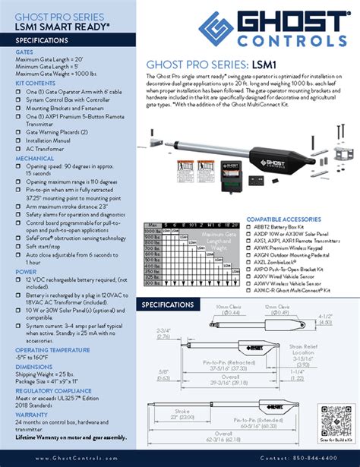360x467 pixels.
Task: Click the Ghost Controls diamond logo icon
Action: [216, 29]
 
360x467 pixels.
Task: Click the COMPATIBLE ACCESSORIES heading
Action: [281, 219]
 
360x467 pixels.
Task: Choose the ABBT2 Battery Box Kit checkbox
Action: [250, 226]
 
